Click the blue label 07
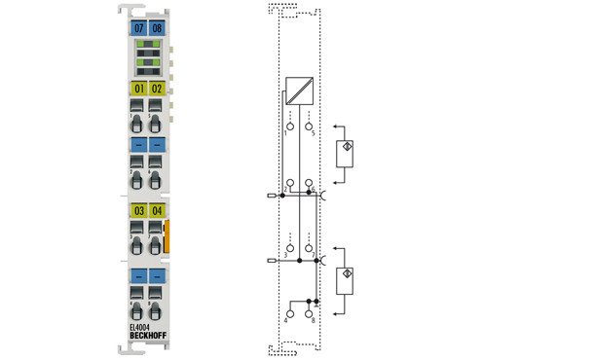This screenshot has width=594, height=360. (138, 29)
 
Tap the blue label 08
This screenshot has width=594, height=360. (157, 29)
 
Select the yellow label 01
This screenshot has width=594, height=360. (138, 90)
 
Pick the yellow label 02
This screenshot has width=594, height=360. (157, 90)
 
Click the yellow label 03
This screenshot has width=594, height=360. (138, 210)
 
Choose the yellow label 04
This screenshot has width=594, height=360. (157, 210)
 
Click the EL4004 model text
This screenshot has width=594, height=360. (142, 328)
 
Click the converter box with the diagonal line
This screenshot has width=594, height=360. (299, 92)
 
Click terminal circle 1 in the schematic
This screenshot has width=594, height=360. (289, 126)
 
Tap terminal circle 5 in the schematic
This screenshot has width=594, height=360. (309, 126)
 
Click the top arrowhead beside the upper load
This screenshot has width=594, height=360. (335, 126)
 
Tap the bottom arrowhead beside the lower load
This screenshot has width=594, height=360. (335, 313)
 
